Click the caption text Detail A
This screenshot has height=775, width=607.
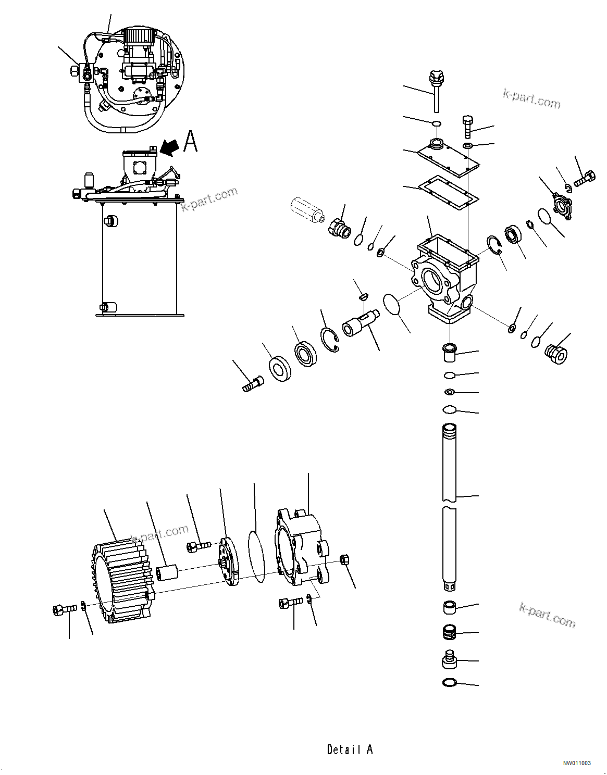click(350, 749)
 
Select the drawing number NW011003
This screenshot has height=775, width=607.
click(576, 763)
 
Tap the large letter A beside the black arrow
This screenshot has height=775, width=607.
click(191, 141)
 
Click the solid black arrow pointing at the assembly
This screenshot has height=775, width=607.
click(169, 147)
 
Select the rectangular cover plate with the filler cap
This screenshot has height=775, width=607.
click(448, 156)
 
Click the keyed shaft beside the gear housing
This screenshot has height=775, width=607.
click(360, 323)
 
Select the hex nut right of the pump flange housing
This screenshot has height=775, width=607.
click(344, 560)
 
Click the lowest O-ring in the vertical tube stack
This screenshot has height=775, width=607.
click(450, 682)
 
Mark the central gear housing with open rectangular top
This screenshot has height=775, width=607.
click(445, 276)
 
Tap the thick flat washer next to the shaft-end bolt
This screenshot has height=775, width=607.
click(280, 369)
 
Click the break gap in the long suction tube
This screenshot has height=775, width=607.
click(449, 504)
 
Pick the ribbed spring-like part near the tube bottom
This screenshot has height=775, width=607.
click(449, 632)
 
